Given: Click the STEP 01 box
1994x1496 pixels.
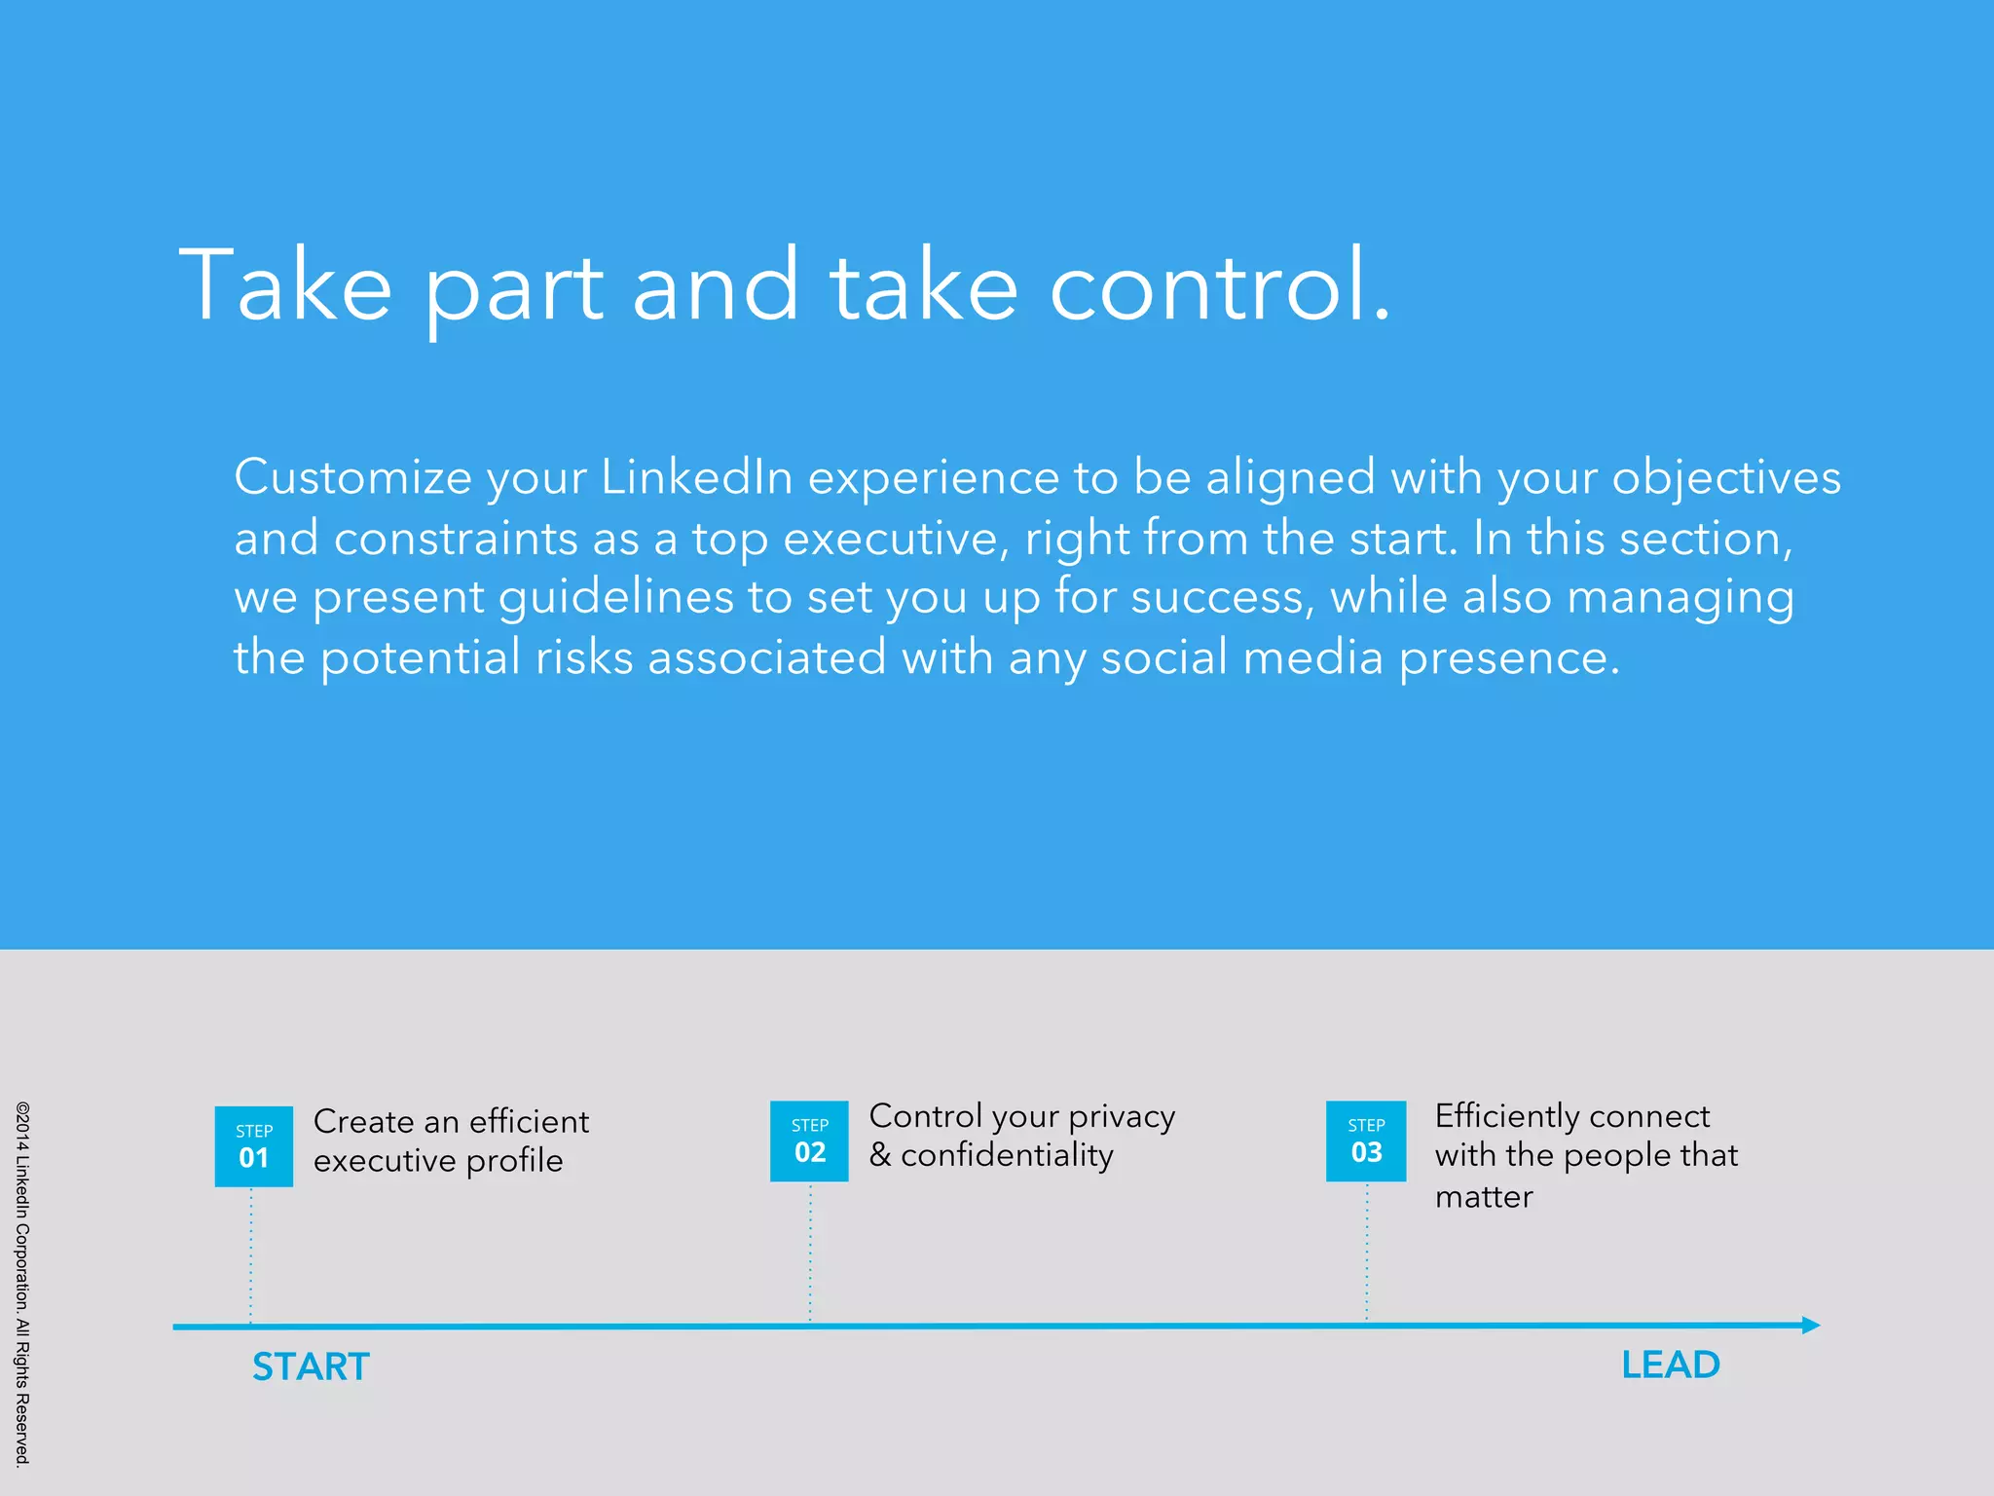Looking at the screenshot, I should click(253, 1146).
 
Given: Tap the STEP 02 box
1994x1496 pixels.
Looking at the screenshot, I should click(809, 1141).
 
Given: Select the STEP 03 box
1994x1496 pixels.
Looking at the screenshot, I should click(1366, 1141).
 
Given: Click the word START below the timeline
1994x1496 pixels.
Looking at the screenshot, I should click(311, 1366).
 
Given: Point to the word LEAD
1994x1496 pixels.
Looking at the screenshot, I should click(1671, 1365).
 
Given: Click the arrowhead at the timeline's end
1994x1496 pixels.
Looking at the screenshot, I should click(1810, 1325).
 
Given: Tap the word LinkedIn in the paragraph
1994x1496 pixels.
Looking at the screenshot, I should click(696, 477).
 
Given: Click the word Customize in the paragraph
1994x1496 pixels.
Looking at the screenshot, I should click(352, 477).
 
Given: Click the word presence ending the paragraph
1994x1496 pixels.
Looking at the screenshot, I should click(1507, 658).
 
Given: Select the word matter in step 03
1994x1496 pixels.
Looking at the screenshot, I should click(1484, 1197).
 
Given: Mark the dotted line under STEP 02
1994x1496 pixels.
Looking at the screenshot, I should click(810, 1252).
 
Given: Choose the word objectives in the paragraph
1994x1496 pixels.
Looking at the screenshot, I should click(1726, 477).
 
